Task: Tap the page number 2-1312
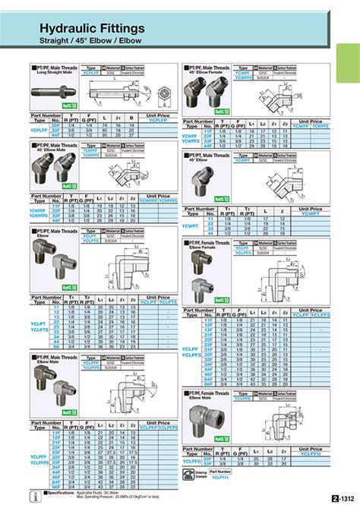click(343, 499)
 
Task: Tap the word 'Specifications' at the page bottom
click(59, 494)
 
